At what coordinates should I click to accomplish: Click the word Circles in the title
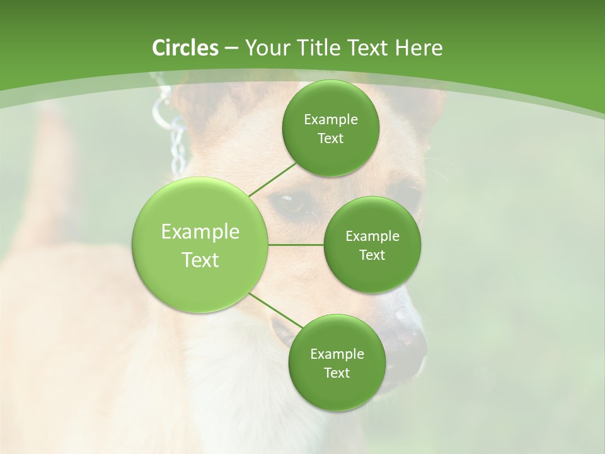click(185, 48)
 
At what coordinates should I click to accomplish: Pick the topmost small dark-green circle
click(330, 128)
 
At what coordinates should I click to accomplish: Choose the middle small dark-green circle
click(372, 245)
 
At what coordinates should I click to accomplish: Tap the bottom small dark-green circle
click(337, 363)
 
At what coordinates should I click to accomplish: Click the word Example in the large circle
click(200, 232)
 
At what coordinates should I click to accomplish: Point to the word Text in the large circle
click(200, 260)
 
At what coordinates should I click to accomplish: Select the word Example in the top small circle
click(330, 119)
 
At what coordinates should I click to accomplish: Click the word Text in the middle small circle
click(372, 255)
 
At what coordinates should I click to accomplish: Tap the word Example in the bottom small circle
click(337, 354)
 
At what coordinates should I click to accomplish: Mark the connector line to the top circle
click(272, 178)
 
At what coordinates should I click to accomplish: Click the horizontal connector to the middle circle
click(296, 244)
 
